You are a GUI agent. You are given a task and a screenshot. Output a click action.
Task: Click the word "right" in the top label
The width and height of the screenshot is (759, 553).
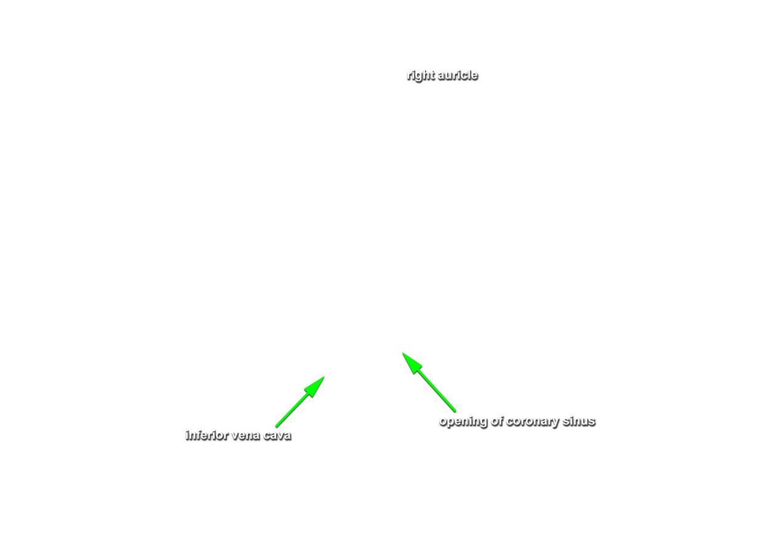(x=421, y=76)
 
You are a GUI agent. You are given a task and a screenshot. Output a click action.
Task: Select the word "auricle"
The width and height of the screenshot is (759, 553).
(x=458, y=75)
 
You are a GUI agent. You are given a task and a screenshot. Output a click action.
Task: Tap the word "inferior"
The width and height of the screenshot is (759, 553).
(x=207, y=435)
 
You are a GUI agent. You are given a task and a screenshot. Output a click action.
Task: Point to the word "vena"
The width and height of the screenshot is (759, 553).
(x=245, y=436)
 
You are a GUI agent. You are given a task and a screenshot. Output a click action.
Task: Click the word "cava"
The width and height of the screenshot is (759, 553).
(x=277, y=436)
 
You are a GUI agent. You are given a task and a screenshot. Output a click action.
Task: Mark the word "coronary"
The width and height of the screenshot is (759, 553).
(x=533, y=422)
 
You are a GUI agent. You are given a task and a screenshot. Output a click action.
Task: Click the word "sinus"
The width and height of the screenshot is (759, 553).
(x=579, y=421)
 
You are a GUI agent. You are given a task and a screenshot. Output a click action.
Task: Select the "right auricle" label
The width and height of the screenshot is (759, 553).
(x=442, y=76)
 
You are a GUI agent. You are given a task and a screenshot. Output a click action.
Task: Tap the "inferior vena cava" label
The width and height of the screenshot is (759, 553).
(x=239, y=435)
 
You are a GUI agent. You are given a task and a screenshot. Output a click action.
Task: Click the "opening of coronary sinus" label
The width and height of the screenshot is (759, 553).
(x=517, y=422)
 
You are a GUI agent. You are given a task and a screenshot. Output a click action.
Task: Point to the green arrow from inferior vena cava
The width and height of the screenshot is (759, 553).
(x=300, y=401)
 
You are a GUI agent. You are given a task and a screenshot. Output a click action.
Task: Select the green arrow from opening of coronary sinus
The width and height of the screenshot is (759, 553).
(x=429, y=382)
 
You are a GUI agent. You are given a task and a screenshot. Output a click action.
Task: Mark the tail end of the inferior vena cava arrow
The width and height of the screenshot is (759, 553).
(x=276, y=426)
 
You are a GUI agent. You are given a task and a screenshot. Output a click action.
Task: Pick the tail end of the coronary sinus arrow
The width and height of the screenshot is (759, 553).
(x=455, y=411)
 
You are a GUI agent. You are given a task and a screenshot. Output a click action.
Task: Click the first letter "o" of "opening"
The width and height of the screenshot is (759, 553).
(x=443, y=422)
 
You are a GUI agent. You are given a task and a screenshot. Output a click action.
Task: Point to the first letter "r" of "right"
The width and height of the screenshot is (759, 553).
(x=409, y=76)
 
